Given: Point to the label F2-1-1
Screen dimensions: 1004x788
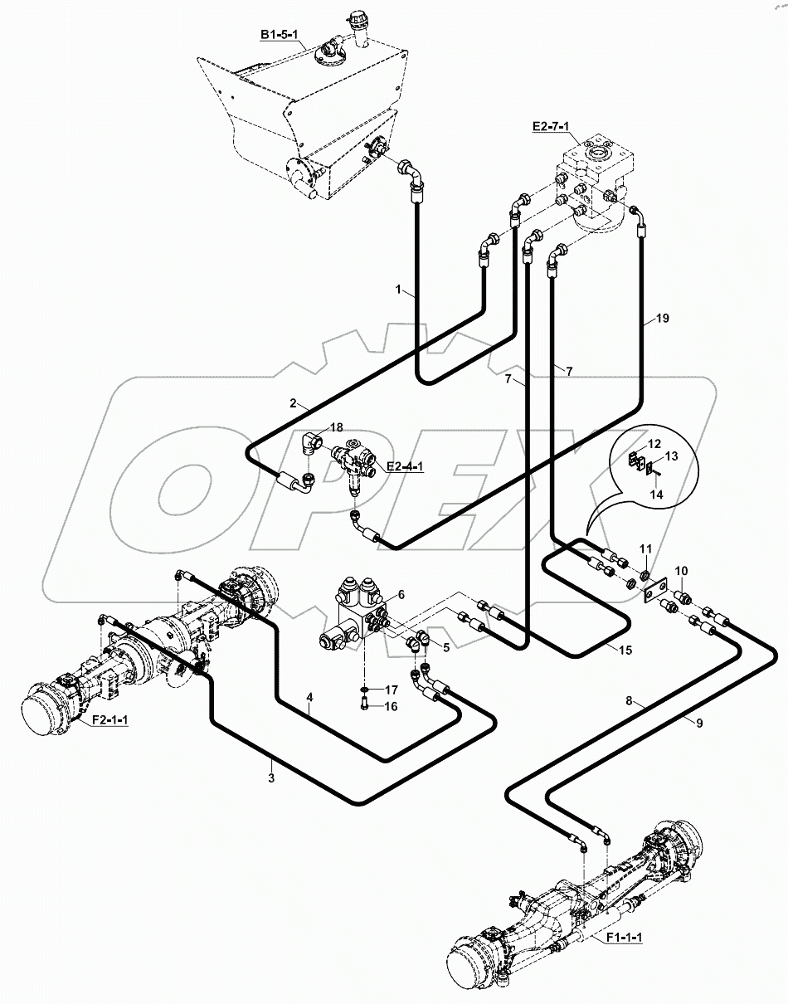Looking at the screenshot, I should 109,720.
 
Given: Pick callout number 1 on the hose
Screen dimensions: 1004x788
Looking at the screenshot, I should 399,290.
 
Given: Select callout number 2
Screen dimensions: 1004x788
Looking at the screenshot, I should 293,405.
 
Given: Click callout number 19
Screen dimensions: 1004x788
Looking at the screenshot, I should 661,318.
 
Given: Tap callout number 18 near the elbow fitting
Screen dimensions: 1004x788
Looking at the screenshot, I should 335,426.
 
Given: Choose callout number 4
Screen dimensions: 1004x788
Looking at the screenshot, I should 309,699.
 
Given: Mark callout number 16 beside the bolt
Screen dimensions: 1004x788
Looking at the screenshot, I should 390,706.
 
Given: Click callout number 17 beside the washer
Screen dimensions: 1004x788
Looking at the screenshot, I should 390,689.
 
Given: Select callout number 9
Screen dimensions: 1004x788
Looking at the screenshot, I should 698,724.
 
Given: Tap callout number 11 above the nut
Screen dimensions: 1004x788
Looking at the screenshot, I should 645,548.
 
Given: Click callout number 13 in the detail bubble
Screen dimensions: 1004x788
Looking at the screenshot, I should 671,456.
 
